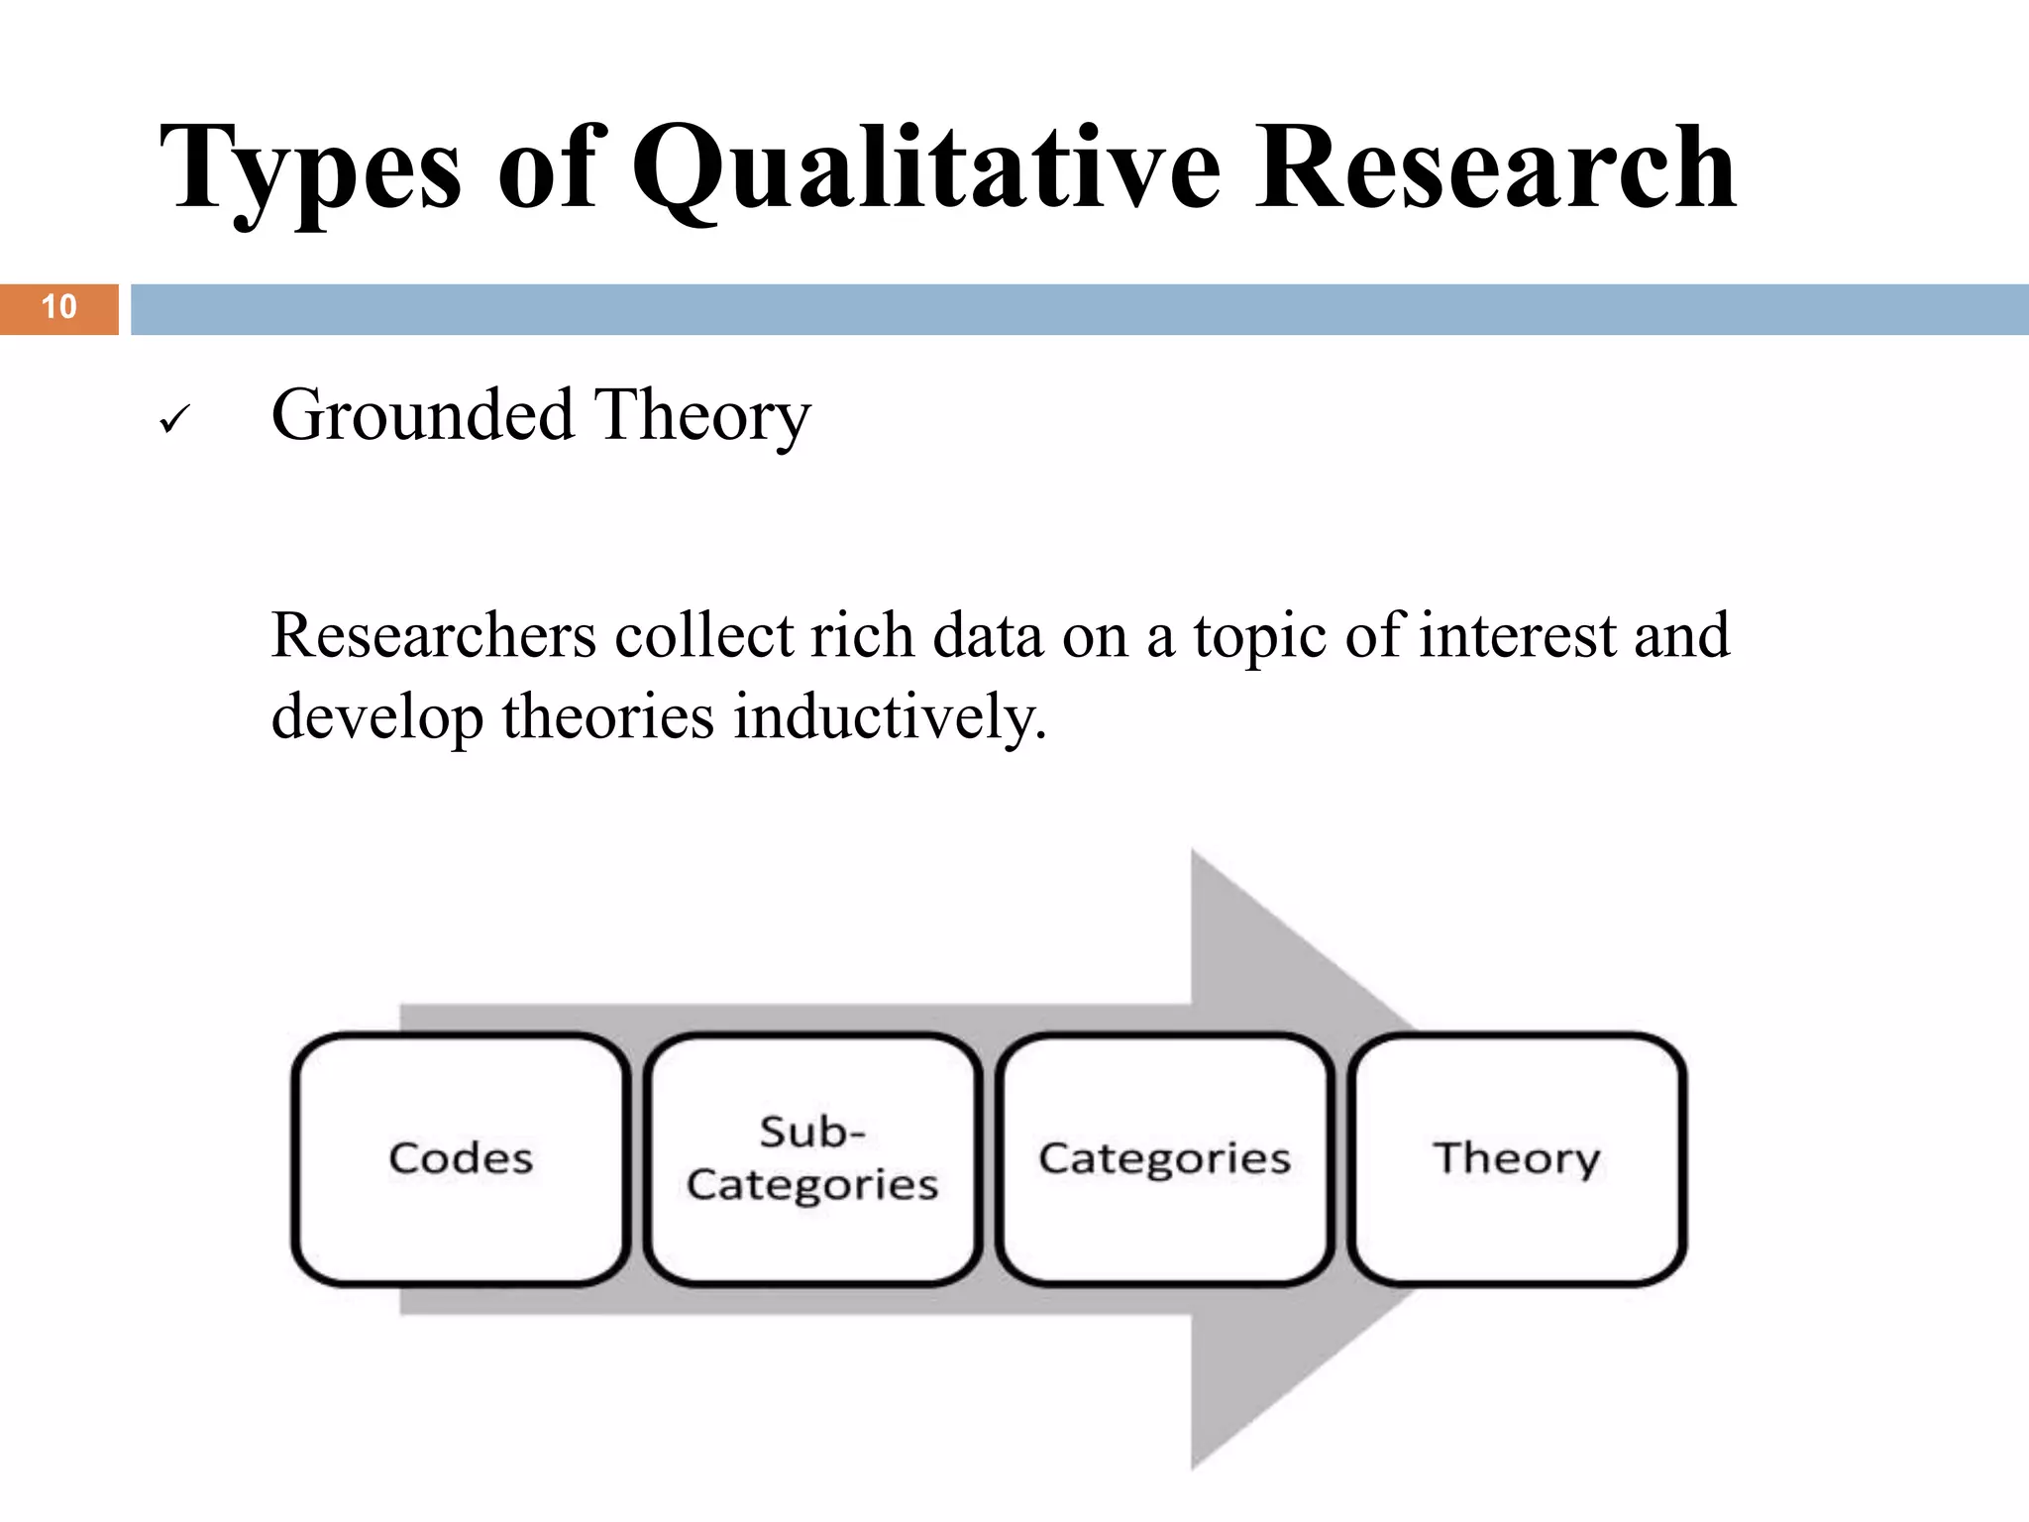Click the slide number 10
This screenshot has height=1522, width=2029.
pos(58,307)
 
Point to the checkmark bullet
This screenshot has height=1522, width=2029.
pos(173,421)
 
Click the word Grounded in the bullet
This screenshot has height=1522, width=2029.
pos(422,415)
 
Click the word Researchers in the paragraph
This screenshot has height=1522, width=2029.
pos(433,635)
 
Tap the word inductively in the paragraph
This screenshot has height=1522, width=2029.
pos(889,716)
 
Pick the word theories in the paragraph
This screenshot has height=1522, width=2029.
pos(606,716)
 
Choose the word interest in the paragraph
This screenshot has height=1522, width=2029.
pos(1517,635)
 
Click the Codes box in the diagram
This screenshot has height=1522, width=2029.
pos(461,1158)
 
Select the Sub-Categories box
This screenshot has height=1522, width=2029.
pos(812,1158)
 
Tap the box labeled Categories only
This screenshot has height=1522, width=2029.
pos(1164,1158)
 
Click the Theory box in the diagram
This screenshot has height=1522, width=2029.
pos(1517,1158)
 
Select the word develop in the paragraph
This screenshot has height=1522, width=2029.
pos(376,718)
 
